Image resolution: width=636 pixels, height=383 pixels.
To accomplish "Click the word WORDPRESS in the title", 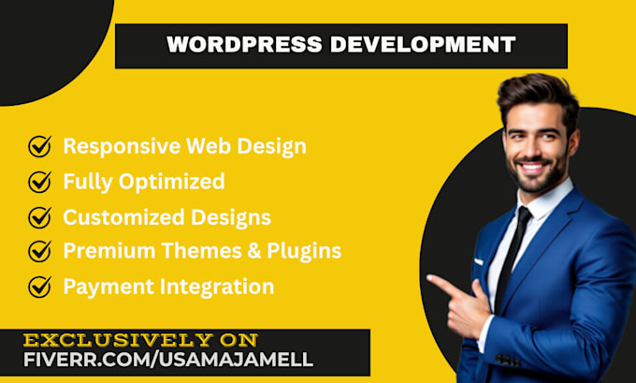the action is click(x=245, y=44).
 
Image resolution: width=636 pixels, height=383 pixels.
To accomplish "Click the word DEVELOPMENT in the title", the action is click(x=423, y=44).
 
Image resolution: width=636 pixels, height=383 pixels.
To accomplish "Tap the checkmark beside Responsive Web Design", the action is click(x=39, y=146).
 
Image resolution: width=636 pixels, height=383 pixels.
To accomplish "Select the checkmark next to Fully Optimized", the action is click(x=39, y=182).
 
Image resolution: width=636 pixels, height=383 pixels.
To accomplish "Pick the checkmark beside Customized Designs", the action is click(x=39, y=217).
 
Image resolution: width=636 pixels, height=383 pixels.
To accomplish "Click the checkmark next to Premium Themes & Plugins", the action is click(x=39, y=251).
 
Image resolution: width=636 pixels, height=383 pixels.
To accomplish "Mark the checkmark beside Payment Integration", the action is click(x=39, y=287).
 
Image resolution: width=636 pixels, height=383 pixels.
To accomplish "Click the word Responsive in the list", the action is click(x=122, y=147).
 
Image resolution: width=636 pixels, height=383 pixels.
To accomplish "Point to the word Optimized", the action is click(x=171, y=182).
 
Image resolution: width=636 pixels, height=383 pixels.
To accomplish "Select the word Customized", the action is click(x=124, y=217).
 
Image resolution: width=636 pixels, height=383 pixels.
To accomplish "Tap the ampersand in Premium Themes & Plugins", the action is click(x=254, y=251).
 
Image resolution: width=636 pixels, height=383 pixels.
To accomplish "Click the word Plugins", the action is click(x=304, y=251).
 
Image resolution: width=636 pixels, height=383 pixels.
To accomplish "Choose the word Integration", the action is click(x=217, y=287).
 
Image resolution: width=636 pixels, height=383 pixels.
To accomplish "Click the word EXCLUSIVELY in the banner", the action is click(x=118, y=340).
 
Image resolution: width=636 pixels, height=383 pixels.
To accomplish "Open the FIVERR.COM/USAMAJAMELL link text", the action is click(x=168, y=360).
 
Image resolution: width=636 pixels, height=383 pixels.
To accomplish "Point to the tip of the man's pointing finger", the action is click(x=428, y=277).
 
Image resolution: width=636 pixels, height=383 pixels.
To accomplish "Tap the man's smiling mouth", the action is click(x=532, y=167).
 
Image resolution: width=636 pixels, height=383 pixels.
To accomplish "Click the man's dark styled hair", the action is click(x=538, y=97).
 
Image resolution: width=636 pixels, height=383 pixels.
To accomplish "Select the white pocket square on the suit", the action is click(x=479, y=261).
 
